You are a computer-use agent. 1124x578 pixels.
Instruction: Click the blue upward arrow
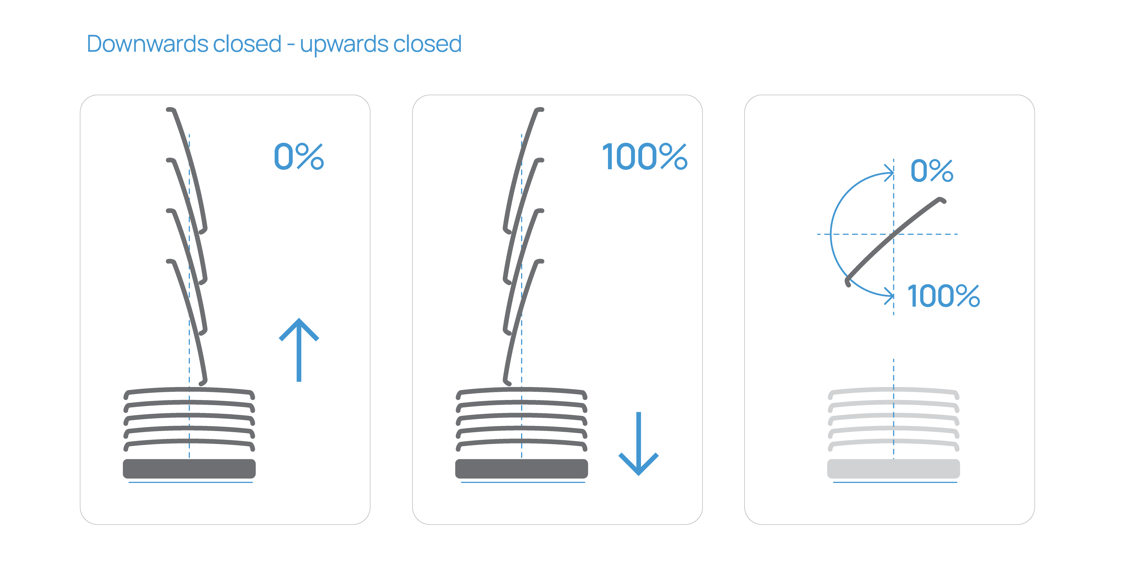click(299, 349)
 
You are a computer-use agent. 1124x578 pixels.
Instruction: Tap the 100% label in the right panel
click(943, 296)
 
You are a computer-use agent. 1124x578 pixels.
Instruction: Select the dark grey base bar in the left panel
click(189, 469)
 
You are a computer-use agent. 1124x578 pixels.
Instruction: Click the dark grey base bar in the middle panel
click(521, 469)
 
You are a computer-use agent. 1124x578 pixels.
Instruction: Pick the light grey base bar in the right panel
click(893, 469)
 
